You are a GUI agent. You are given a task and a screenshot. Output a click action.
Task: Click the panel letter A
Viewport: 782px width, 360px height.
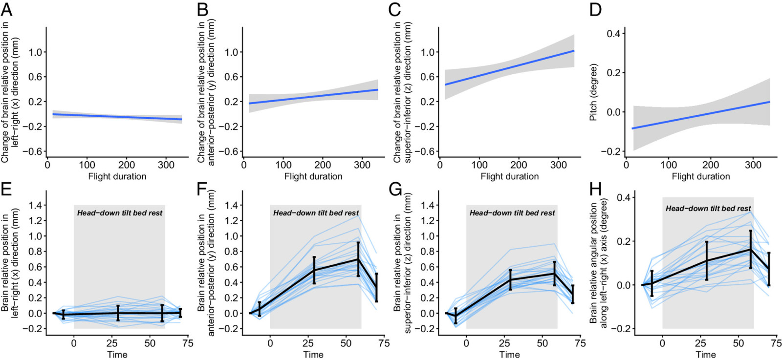7,10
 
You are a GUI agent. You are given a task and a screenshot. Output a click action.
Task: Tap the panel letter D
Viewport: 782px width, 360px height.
596,10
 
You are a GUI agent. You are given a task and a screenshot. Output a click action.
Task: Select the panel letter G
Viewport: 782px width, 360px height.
395,190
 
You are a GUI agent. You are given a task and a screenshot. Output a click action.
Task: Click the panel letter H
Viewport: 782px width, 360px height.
595,190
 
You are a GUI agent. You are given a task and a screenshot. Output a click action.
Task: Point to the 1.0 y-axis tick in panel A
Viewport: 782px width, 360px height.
35,52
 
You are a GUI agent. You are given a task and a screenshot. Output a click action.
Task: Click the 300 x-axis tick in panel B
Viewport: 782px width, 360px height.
362,165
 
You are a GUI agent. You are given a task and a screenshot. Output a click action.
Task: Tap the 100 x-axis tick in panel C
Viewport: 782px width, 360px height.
479,165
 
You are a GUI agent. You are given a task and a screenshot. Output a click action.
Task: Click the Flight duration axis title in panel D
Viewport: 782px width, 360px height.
701,176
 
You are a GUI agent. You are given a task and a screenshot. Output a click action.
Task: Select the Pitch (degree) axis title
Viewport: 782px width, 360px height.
593,92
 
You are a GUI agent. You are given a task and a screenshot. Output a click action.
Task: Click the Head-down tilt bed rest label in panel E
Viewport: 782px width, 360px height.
120,213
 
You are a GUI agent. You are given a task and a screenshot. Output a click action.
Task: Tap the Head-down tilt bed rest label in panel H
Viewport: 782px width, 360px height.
708,209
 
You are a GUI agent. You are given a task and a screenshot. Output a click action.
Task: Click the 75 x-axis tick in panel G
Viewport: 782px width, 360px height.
581,343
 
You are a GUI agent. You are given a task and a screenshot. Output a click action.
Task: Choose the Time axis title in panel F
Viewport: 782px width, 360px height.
313,355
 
